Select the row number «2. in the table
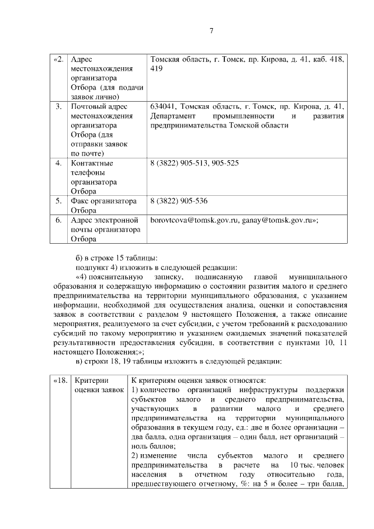58,60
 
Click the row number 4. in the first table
59,163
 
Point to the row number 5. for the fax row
59,201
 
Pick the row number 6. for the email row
59,220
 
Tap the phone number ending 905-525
224,163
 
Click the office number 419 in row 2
156,69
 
